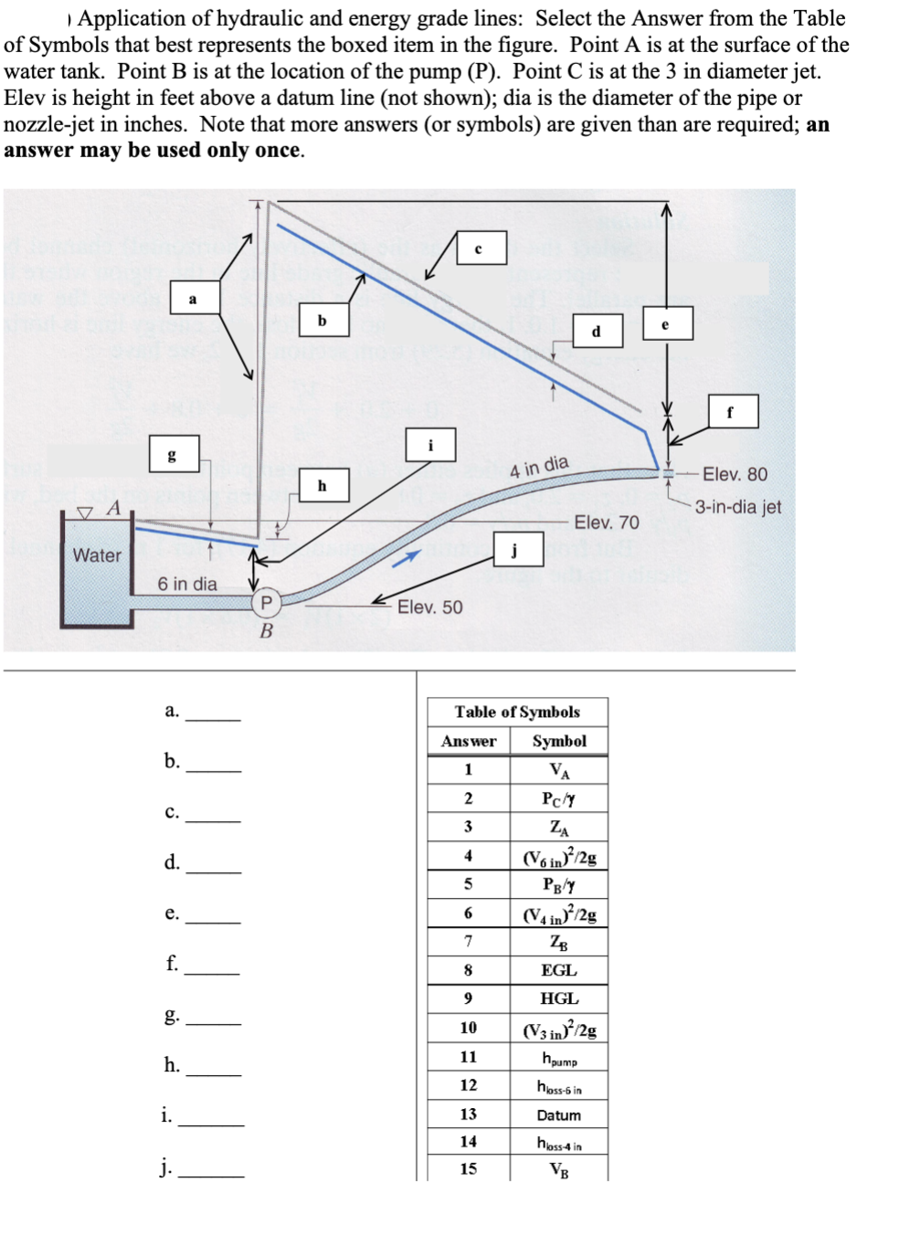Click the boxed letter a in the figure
click(194, 298)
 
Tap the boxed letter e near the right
click(667, 323)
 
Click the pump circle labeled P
click(266, 602)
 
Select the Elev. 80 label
click(735, 474)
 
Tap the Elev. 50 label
click(429, 607)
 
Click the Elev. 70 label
click(607, 522)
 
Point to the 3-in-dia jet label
click(738, 507)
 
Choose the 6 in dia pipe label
click(187, 584)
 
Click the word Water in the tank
click(97, 555)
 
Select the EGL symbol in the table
click(558, 970)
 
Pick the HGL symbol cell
click(558, 998)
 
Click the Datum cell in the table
click(558, 1115)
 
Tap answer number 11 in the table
click(468, 1057)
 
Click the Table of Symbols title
click(517, 712)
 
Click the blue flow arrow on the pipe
click(407, 557)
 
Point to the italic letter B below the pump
click(266, 631)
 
